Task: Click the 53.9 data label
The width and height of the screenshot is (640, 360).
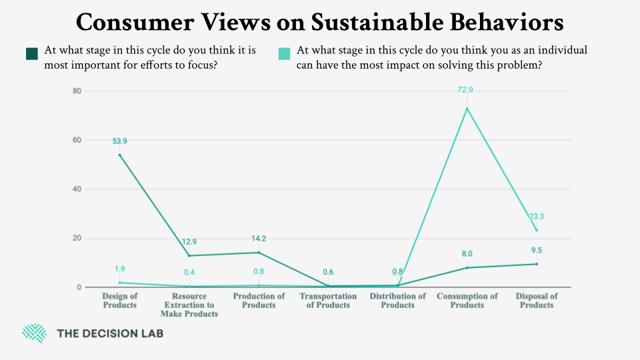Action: [120, 141]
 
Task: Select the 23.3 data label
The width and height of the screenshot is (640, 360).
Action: [537, 216]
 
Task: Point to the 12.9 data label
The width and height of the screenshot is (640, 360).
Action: [189, 241]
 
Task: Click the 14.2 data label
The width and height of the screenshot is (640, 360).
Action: [259, 238]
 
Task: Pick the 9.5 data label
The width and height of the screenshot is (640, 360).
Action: [537, 251]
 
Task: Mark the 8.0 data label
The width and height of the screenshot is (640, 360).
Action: [467, 254]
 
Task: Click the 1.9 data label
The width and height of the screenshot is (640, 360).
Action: [120, 269]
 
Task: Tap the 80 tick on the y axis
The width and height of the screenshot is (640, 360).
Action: [77, 91]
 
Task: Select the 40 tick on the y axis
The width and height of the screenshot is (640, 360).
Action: [77, 189]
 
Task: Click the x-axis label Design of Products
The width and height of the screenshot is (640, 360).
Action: [119, 301]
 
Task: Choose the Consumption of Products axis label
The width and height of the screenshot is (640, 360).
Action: [467, 301]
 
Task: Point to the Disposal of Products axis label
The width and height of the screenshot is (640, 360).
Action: [537, 301]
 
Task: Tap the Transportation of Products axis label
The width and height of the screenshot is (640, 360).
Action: [328, 301]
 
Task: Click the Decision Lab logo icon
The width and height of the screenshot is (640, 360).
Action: [33, 333]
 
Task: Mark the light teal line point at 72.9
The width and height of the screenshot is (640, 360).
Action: [467, 109]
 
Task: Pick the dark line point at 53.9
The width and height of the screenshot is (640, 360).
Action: [120, 155]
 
